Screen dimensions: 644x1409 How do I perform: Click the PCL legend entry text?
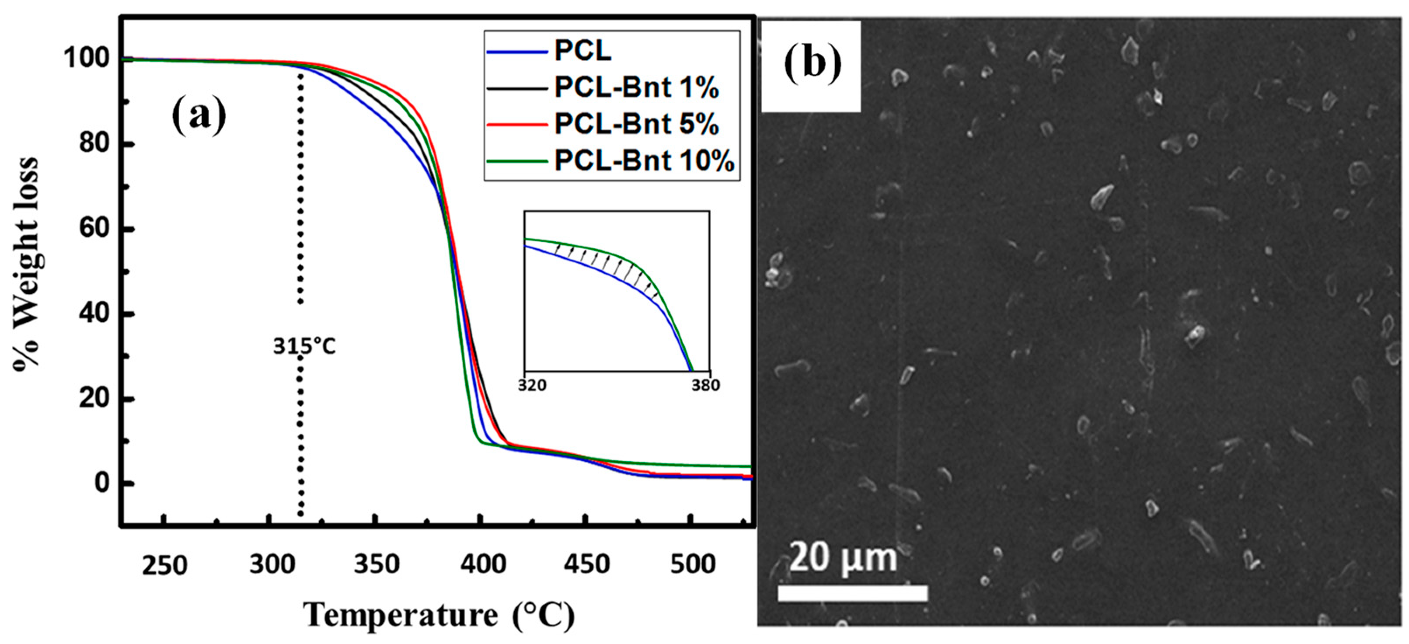point(583,51)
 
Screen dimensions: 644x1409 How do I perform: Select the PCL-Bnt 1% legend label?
point(637,87)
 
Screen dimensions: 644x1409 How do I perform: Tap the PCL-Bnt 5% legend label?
point(637,124)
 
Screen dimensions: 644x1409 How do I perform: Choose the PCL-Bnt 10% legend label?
point(644,161)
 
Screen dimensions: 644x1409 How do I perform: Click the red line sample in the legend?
point(517,125)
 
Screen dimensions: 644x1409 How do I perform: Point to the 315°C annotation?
point(304,346)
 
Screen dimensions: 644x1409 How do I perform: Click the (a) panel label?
point(199,115)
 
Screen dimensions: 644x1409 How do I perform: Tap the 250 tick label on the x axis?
point(164,565)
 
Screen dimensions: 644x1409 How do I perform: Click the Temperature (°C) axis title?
point(439,614)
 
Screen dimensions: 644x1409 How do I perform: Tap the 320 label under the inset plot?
point(532,386)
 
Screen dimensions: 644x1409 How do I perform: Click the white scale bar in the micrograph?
point(852,594)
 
